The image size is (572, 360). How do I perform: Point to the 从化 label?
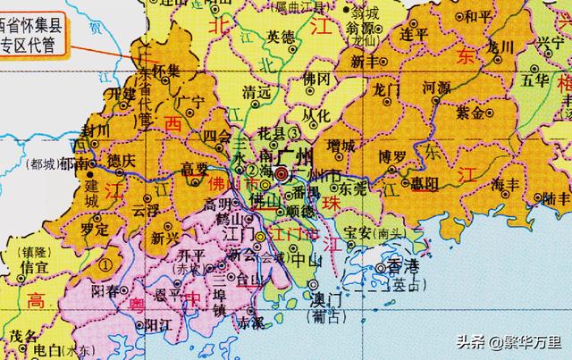318,113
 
